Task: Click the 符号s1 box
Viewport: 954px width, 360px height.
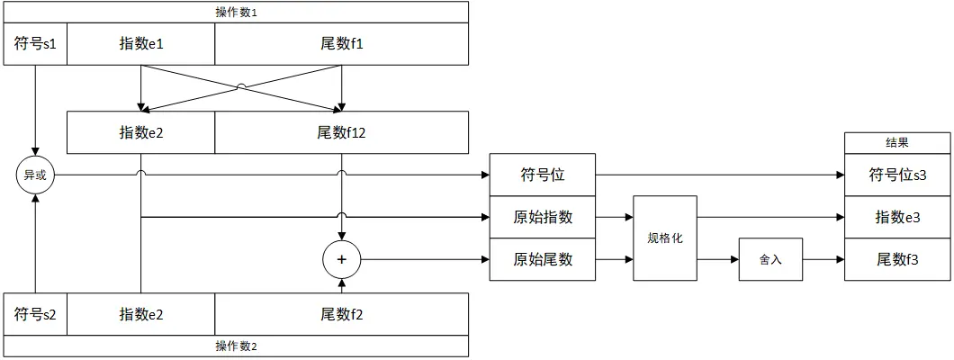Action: [x=36, y=44]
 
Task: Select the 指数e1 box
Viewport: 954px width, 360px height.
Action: [x=140, y=44]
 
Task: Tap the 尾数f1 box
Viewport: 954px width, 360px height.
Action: [x=341, y=44]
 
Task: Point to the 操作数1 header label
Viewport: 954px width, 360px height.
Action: [x=236, y=12]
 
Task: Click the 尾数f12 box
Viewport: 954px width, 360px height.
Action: [x=341, y=132]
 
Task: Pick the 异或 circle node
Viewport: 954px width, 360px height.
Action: [x=35, y=175]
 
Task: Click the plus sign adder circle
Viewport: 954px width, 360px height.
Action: [x=341, y=259]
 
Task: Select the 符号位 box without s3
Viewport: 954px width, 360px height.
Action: [x=542, y=175]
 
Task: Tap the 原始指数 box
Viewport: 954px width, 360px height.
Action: [x=542, y=217]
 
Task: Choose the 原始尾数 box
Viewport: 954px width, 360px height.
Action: [x=542, y=259]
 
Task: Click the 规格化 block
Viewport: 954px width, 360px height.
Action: [x=665, y=238]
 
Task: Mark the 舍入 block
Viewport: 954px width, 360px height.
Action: [x=770, y=259]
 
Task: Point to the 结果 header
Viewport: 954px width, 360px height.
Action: [x=897, y=142]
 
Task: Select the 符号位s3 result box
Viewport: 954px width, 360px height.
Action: [x=897, y=175]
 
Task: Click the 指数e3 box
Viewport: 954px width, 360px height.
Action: [x=897, y=217]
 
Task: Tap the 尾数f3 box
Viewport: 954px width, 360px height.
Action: [x=897, y=259]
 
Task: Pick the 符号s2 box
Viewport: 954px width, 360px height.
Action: [x=36, y=314]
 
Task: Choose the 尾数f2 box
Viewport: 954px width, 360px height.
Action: [x=341, y=314]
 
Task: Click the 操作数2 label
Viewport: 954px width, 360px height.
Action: [x=236, y=346]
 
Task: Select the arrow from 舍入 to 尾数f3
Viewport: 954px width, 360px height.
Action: [x=823, y=259]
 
